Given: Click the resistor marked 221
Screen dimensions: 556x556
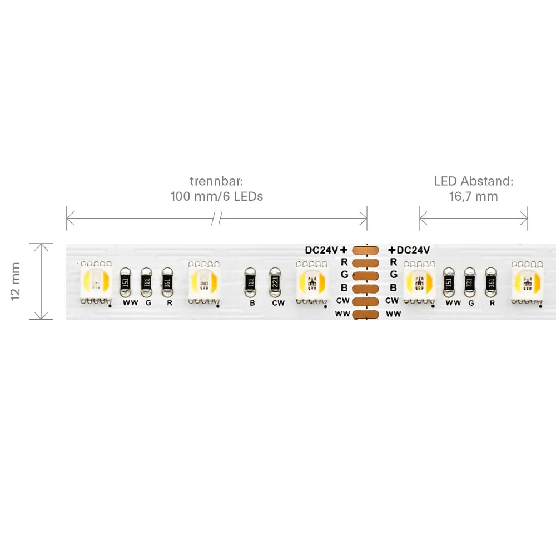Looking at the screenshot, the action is (x=275, y=282).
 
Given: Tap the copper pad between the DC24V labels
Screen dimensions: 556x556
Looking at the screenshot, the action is (x=366, y=250).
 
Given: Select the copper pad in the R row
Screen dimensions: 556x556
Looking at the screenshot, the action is (x=366, y=263).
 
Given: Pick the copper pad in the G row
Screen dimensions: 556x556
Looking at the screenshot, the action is (x=366, y=276).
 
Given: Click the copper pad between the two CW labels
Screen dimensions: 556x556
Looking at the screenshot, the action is (x=366, y=301).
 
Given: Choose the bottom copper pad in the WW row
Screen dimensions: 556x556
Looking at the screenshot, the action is (x=366, y=314).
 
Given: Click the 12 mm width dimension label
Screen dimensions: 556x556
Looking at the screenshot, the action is (x=16, y=281).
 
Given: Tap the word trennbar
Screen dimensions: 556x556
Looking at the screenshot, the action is (x=216, y=181).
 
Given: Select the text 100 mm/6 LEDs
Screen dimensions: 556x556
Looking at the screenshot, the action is (x=217, y=196).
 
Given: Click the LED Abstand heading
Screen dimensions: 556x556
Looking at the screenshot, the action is (x=474, y=181).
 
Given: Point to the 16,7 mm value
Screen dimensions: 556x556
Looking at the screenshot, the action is (x=474, y=196).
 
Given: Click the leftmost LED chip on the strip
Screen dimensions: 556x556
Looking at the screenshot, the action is (x=96, y=282).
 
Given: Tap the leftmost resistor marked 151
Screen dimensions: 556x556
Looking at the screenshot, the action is (x=125, y=282).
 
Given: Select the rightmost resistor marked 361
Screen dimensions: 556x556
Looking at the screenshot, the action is (x=491, y=282).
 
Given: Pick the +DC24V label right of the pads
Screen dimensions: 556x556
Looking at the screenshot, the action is (x=409, y=250).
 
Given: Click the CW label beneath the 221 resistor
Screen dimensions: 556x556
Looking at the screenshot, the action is (x=279, y=303).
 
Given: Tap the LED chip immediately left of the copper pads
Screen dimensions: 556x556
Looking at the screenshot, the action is (x=312, y=282).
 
